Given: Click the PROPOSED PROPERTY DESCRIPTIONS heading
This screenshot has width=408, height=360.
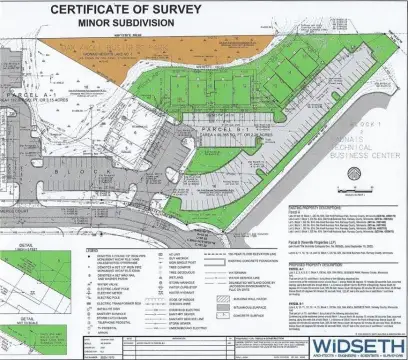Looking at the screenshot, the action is pos(320,263).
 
